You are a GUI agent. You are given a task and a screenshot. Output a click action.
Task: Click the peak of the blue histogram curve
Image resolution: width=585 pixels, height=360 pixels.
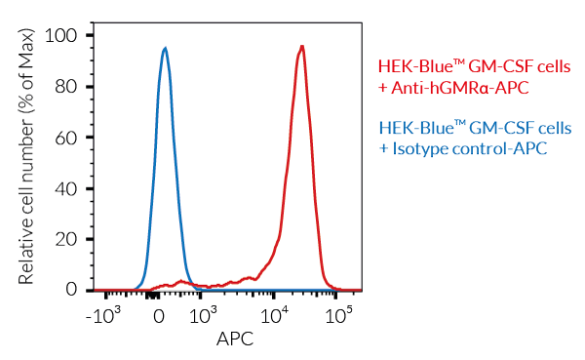click(165, 48)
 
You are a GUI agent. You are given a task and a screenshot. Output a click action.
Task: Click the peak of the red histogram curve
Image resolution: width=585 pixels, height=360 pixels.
click(302, 46)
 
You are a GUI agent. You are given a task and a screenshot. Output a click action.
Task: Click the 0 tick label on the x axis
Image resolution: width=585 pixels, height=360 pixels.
click(159, 317)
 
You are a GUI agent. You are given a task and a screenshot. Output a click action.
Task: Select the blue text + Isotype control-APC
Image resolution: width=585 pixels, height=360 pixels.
click(461, 148)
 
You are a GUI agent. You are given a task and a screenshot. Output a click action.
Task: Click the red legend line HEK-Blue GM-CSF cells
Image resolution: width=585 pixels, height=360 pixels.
click(474, 67)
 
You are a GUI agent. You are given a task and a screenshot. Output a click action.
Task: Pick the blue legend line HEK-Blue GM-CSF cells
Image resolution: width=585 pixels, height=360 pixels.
click(474, 129)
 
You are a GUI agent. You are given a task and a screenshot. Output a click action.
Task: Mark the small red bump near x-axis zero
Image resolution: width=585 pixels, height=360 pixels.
click(180, 282)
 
